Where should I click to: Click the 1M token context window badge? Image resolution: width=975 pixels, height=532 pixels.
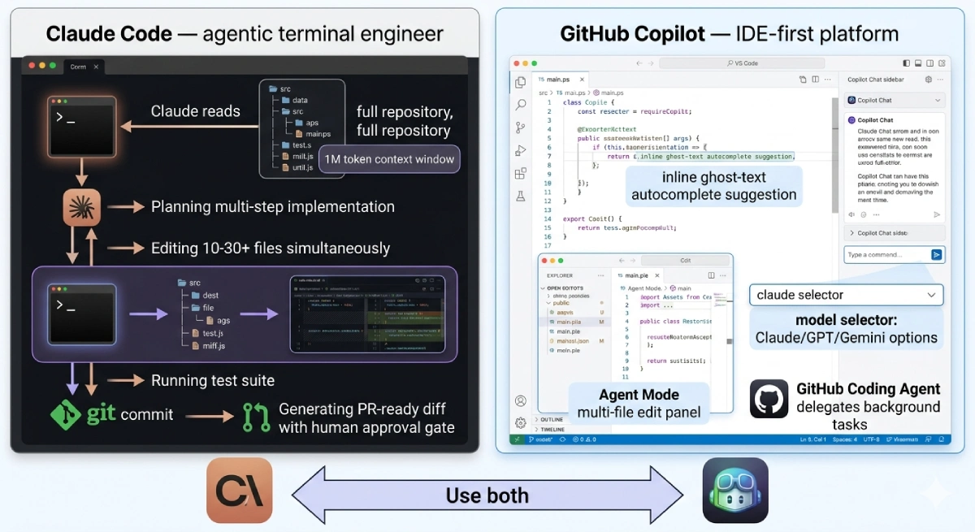[x=390, y=159]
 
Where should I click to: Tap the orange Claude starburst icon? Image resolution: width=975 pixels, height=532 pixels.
[x=82, y=207]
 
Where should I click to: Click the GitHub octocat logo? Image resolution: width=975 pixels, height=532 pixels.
[x=769, y=399]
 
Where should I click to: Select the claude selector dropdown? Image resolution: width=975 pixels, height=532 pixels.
[x=846, y=295]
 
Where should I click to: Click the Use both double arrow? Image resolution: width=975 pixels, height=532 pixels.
[x=487, y=495]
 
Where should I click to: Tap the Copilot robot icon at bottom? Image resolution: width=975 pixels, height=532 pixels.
[x=734, y=490]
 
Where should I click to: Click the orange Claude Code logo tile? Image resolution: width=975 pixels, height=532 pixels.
[x=240, y=490]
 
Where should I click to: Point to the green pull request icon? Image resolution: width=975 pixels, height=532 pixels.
[x=257, y=417]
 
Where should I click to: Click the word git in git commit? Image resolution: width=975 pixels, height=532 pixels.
[x=102, y=414]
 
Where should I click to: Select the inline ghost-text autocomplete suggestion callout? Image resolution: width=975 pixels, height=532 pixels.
[x=713, y=186]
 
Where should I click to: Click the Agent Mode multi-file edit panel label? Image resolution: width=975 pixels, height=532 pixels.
[x=639, y=404]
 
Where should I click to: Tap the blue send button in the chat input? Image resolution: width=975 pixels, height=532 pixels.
[x=936, y=255]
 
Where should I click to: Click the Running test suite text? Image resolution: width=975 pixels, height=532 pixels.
[x=213, y=380]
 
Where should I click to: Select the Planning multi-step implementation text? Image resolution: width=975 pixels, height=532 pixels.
[x=272, y=206]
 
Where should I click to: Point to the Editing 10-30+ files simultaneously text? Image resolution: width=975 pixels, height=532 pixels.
[x=271, y=249]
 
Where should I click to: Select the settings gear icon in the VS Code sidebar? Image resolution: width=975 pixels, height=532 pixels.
[x=520, y=422]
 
